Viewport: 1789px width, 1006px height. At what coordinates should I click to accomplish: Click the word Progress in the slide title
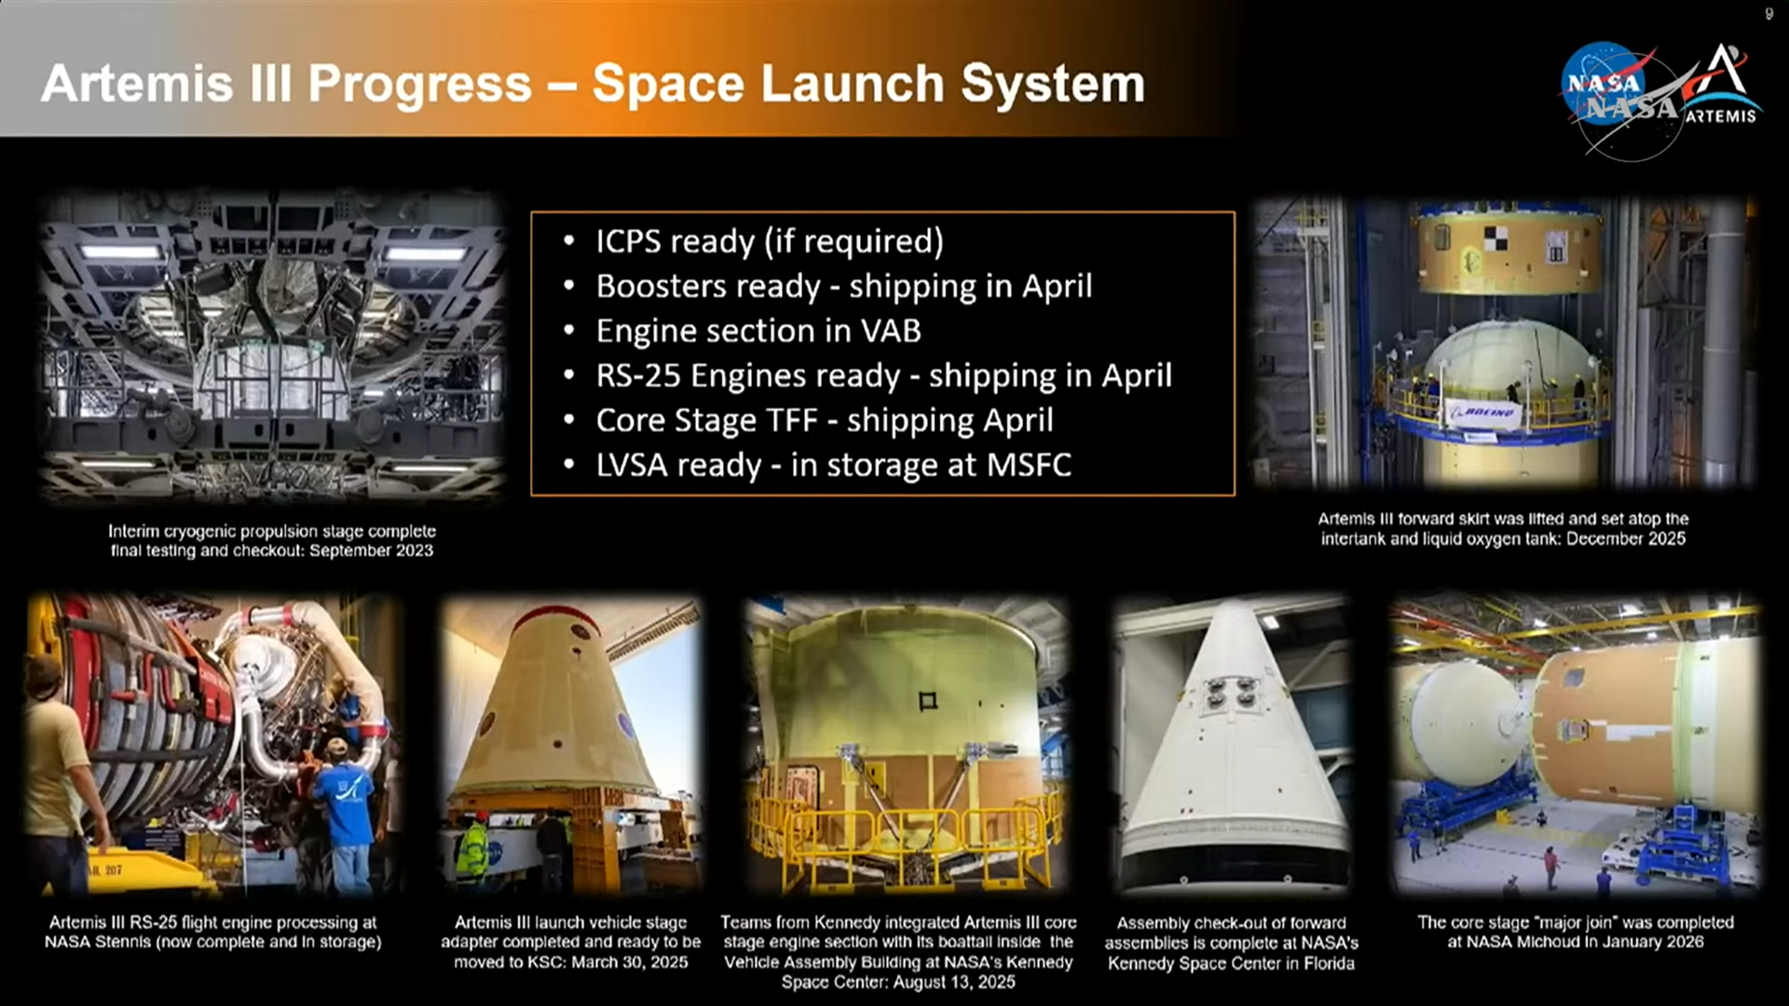419,84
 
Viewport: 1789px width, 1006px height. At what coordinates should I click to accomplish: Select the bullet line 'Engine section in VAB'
758,331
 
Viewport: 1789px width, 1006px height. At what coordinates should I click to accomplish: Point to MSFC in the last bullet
1029,465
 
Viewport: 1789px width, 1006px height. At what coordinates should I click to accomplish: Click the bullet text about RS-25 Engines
884,375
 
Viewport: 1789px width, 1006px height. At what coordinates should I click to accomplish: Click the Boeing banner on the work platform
1483,413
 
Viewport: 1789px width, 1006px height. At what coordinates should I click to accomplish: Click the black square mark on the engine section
927,701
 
